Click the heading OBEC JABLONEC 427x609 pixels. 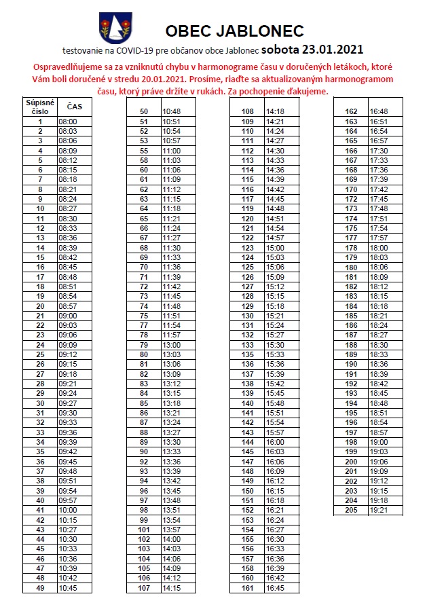click(x=234, y=31)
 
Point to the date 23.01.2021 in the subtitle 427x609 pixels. click(x=333, y=50)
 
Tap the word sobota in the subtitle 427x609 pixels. click(x=280, y=50)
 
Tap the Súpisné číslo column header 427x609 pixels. click(x=40, y=107)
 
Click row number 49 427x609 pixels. click(x=40, y=589)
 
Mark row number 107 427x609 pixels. click(x=144, y=589)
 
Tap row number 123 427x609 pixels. click(x=247, y=248)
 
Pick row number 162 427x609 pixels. click(x=351, y=111)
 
